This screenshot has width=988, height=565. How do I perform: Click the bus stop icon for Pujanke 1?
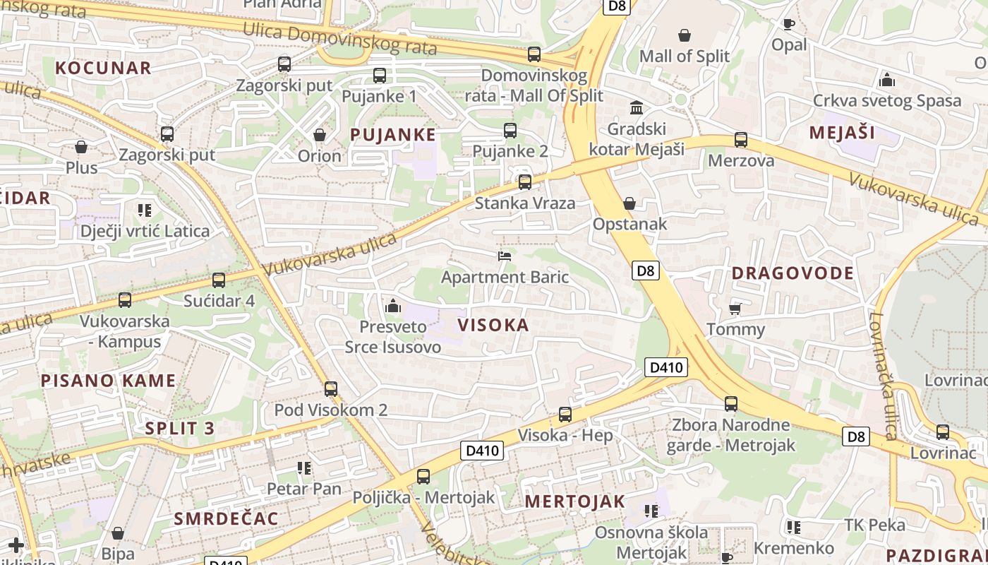(x=380, y=76)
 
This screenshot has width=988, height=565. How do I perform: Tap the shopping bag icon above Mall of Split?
(x=684, y=35)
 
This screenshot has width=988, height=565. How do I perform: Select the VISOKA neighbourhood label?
(x=493, y=325)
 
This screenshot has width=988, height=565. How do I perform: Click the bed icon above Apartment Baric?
(x=505, y=256)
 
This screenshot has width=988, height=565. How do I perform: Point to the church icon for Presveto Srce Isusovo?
(x=393, y=306)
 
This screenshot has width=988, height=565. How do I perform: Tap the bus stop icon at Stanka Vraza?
(x=524, y=182)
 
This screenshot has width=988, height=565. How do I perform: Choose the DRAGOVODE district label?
(x=793, y=273)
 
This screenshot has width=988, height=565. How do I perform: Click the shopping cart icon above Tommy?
(x=735, y=309)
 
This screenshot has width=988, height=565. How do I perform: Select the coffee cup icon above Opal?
(x=788, y=25)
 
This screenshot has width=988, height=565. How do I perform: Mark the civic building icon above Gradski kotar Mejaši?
(x=637, y=108)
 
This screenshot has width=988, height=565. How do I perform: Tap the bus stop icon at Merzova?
(x=740, y=140)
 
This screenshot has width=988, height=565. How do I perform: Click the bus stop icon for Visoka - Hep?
(x=565, y=415)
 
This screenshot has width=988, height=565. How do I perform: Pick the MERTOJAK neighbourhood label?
(x=575, y=501)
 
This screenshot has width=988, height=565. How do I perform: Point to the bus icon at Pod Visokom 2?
(x=330, y=388)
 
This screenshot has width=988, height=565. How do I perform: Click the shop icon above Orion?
(x=320, y=135)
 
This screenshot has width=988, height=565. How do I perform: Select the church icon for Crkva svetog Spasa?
(x=887, y=80)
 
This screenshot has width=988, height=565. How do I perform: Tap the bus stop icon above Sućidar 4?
(x=219, y=280)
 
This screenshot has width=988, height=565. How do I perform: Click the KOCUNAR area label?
(x=103, y=68)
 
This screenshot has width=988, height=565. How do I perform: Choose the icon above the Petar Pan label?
(x=304, y=468)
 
